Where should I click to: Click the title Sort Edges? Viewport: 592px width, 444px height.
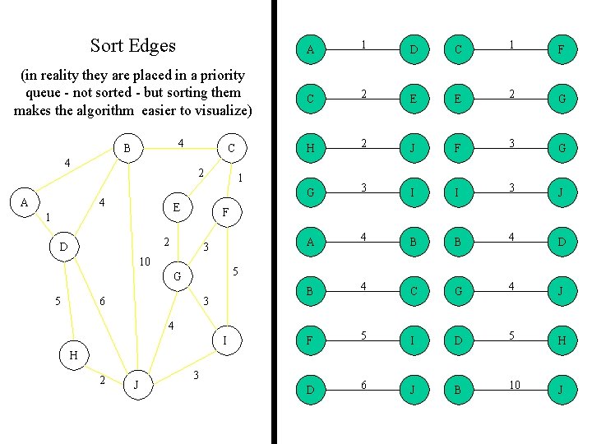pyautogui.click(x=132, y=46)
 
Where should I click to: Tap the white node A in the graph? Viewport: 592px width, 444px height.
pyautogui.click(x=25, y=202)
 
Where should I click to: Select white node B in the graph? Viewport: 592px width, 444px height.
pyautogui.click(x=127, y=149)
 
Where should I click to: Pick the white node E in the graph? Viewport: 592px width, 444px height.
pyautogui.click(x=176, y=207)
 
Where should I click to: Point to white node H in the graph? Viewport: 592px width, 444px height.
pyautogui.click(x=75, y=355)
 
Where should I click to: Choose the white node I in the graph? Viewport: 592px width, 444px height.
pyautogui.click(x=225, y=340)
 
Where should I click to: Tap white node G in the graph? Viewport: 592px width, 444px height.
pyautogui.click(x=177, y=276)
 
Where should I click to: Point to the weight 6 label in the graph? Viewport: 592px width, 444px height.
pyautogui.click(x=101, y=302)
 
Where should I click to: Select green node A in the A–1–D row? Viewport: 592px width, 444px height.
pyautogui.click(x=310, y=50)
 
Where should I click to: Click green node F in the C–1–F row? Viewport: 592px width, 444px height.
pyautogui.click(x=560, y=50)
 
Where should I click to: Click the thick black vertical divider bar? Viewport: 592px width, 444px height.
pyautogui.click(x=275, y=222)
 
